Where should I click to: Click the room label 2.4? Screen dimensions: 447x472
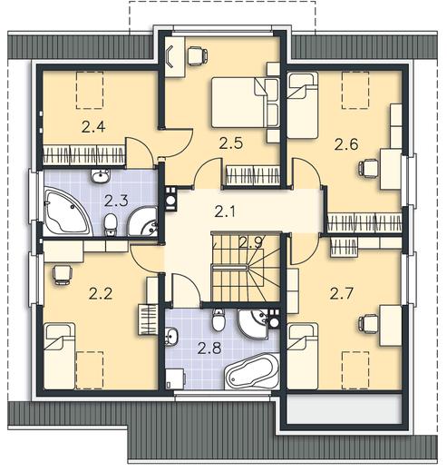[x=93, y=126]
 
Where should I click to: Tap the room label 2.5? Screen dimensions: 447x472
[x=231, y=143]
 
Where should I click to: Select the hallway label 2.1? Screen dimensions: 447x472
[x=225, y=211]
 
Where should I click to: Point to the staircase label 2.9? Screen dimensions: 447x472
[x=250, y=241]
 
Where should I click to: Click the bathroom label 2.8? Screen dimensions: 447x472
[x=209, y=348]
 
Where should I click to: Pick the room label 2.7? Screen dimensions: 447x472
[x=342, y=293]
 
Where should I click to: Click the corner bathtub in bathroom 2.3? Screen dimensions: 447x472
[x=67, y=211]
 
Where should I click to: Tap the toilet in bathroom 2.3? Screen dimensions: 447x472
[x=111, y=224]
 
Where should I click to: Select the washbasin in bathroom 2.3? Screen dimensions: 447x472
[x=100, y=176]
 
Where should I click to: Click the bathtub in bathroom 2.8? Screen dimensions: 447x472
[x=251, y=371]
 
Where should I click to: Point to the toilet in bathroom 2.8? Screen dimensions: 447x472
[x=219, y=320]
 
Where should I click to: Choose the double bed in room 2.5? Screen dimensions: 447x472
[x=245, y=103]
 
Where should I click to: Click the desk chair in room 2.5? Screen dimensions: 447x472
[x=198, y=55]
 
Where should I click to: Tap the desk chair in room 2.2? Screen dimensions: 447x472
[x=63, y=274]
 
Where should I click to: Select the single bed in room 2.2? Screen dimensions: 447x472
[x=59, y=356]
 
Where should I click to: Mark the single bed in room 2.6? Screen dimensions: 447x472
[x=303, y=105]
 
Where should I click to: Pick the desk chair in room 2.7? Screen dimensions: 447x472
[x=368, y=323]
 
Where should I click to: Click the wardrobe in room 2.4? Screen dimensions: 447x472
[x=84, y=155]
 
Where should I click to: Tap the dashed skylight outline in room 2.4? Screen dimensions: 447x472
[x=90, y=90]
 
